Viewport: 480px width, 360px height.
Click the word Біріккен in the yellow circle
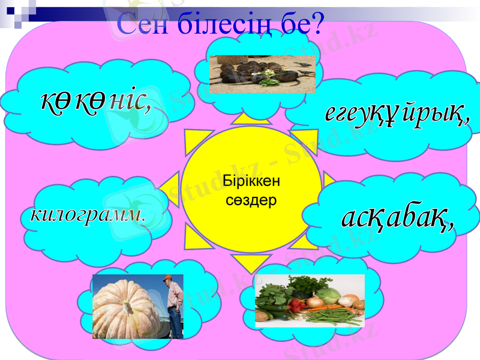pos(251,181)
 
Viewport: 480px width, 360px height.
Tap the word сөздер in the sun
pos(251,200)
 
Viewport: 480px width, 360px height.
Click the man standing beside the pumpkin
pos(174,306)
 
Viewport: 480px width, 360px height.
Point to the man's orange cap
pos(170,278)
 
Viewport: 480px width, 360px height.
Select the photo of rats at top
pos(262,74)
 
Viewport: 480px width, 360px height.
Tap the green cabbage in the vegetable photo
pos(328,295)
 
